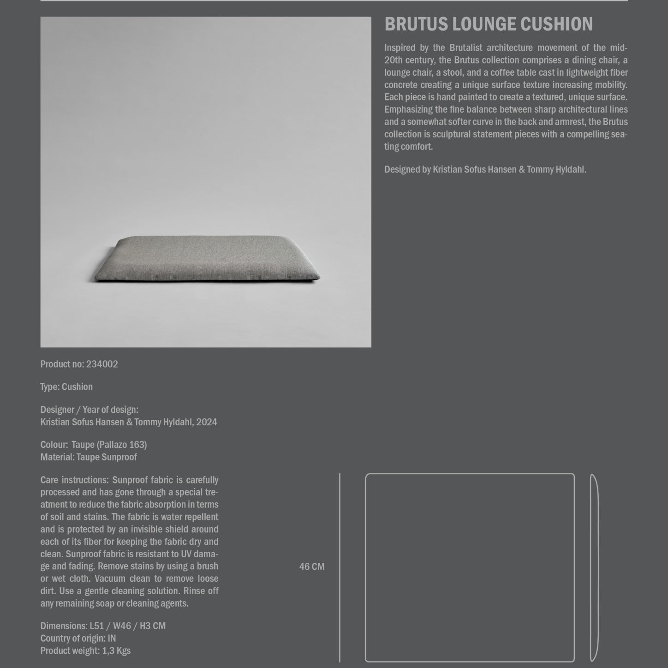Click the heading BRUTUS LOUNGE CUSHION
click(x=488, y=24)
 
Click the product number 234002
click(x=102, y=364)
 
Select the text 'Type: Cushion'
click(x=66, y=387)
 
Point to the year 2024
click(x=206, y=422)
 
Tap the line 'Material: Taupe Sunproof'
click(x=89, y=457)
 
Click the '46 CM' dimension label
click(x=312, y=567)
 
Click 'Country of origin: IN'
click(x=78, y=638)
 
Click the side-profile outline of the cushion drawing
click(x=594, y=567)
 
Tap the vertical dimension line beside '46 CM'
click(x=340, y=567)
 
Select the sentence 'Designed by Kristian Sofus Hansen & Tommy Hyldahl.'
click(x=485, y=169)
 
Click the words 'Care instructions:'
click(x=74, y=480)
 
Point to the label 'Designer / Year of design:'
click(x=89, y=409)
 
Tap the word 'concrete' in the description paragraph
click(x=400, y=85)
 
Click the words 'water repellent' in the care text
click(x=190, y=517)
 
